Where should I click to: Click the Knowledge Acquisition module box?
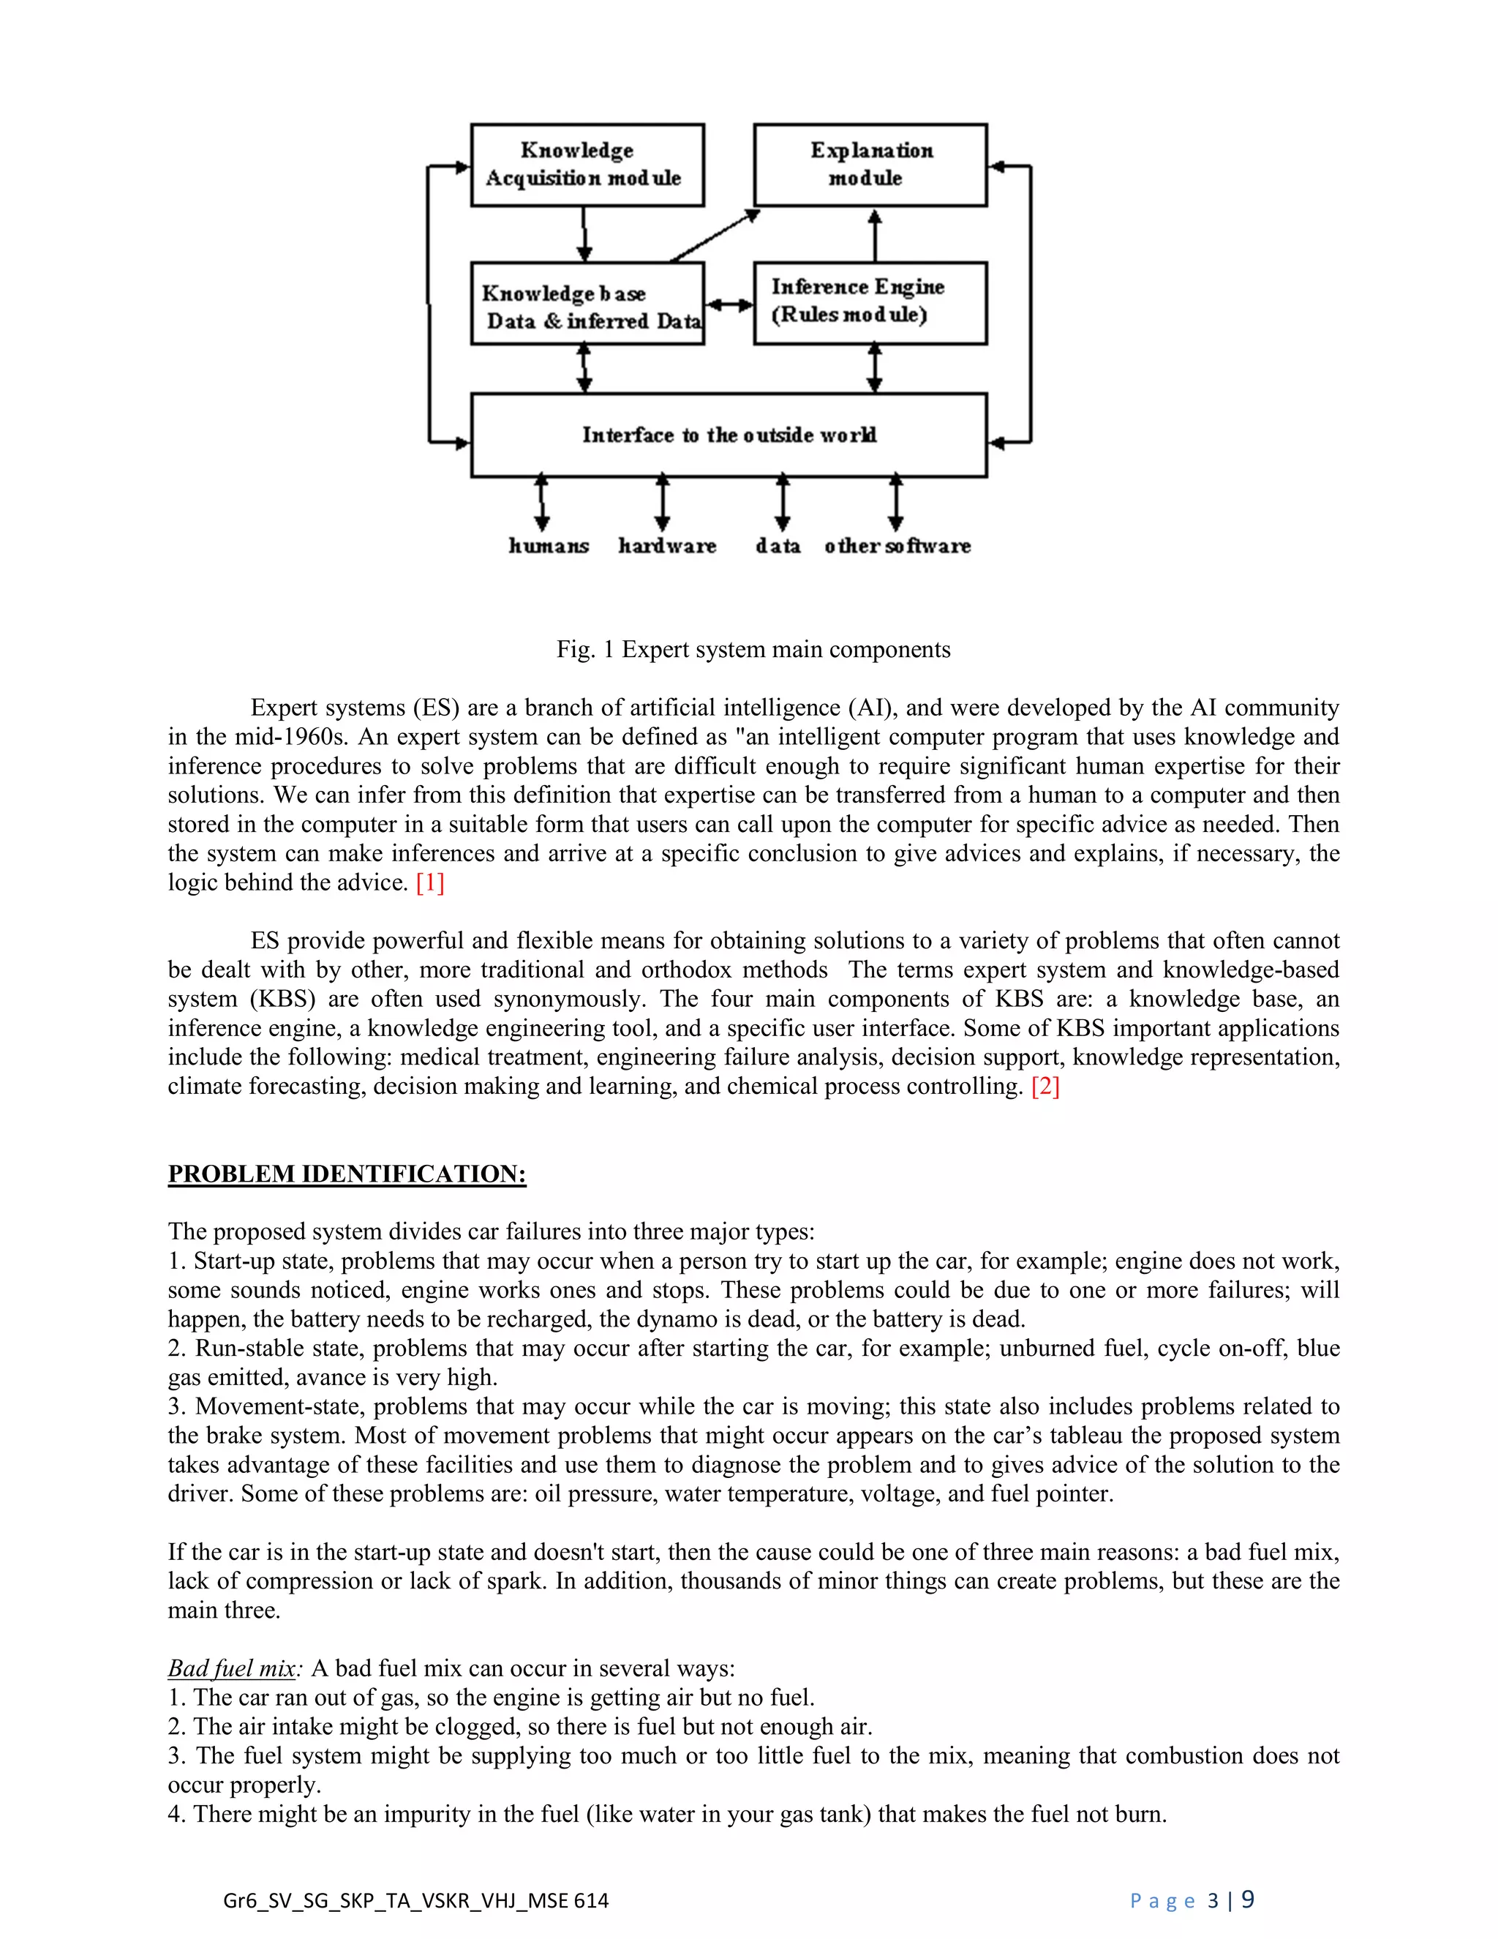(x=587, y=165)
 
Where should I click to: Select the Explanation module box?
(x=870, y=165)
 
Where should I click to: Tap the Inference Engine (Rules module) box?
(x=870, y=303)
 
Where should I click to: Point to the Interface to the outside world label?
(x=729, y=435)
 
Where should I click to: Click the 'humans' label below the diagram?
(x=549, y=546)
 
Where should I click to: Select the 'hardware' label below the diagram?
(x=667, y=546)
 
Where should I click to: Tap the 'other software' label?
(x=897, y=546)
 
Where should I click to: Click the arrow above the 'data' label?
(x=782, y=503)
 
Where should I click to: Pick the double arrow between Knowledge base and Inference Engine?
(x=729, y=304)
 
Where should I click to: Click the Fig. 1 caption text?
(x=753, y=650)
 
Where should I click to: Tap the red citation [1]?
(x=429, y=882)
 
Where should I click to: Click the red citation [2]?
(x=1045, y=1087)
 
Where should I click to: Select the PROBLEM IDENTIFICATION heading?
(x=347, y=1174)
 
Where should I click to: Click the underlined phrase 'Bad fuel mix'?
(x=232, y=1668)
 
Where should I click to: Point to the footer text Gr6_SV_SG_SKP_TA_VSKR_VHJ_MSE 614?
(x=415, y=1901)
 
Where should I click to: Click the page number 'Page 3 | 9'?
(x=1192, y=1900)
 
